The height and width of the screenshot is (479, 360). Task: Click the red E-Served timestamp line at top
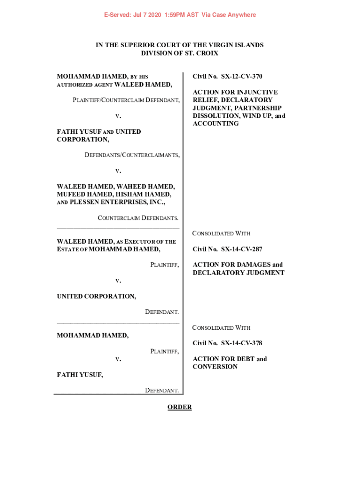tap(180, 15)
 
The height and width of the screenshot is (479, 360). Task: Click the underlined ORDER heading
tap(180, 407)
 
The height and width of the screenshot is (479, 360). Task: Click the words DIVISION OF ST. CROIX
tap(180, 53)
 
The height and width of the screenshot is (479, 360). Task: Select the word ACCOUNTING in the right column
tap(216, 123)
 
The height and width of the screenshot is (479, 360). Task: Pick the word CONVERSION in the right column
tap(215, 367)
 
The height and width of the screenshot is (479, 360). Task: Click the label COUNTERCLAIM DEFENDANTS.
tap(138, 218)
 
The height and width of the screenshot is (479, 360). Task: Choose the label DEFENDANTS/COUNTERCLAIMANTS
tap(132, 155)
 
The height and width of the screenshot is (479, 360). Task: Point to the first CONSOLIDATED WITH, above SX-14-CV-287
tap(221, 233)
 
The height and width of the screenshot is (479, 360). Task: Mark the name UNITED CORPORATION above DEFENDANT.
tap(96, 296)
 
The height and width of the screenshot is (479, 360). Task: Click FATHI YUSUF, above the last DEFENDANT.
tap(79, 374)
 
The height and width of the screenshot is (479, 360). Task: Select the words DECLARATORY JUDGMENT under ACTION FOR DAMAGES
tap(238, 273)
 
